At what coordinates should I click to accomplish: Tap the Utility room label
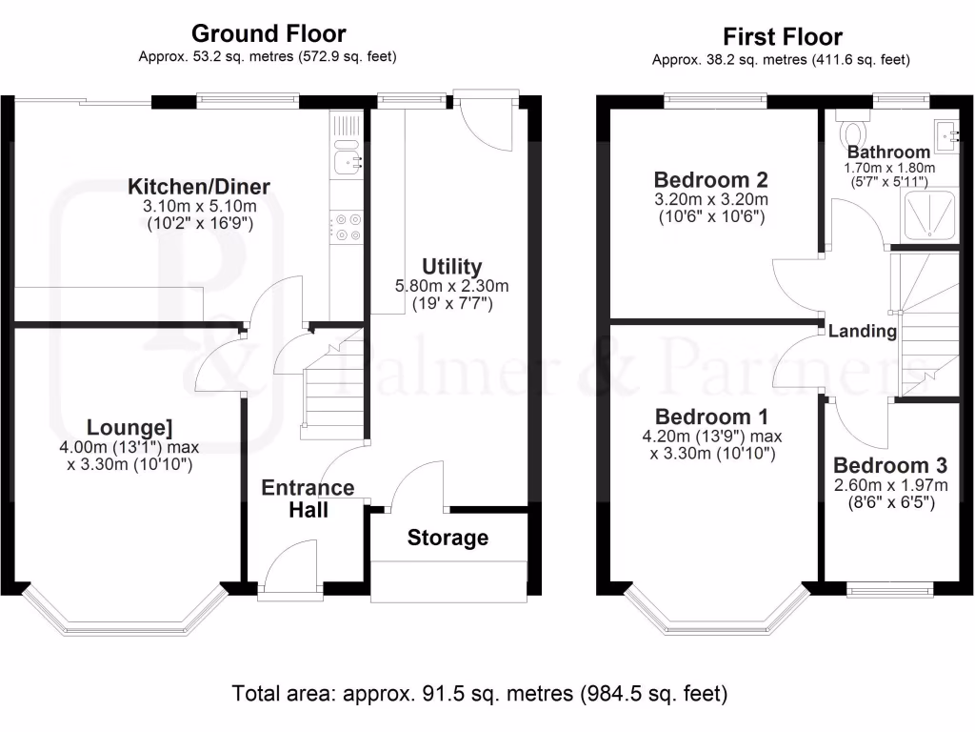(451, 267)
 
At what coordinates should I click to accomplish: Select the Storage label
(448, 538)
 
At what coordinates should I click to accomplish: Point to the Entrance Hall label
(308, 498)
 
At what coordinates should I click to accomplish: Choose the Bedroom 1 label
(711, 417)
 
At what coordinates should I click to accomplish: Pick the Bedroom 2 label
(711, 179)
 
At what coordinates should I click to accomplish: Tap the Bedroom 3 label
(890, 465)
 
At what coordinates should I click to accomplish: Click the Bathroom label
(888, 152)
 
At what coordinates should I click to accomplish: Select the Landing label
(863, 332)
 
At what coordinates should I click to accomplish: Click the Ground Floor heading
(269, 35)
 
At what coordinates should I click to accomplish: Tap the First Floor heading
(782, 37)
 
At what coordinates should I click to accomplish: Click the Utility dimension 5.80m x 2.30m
(451, 286)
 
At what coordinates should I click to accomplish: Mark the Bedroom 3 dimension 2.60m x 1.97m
(890, 484)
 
